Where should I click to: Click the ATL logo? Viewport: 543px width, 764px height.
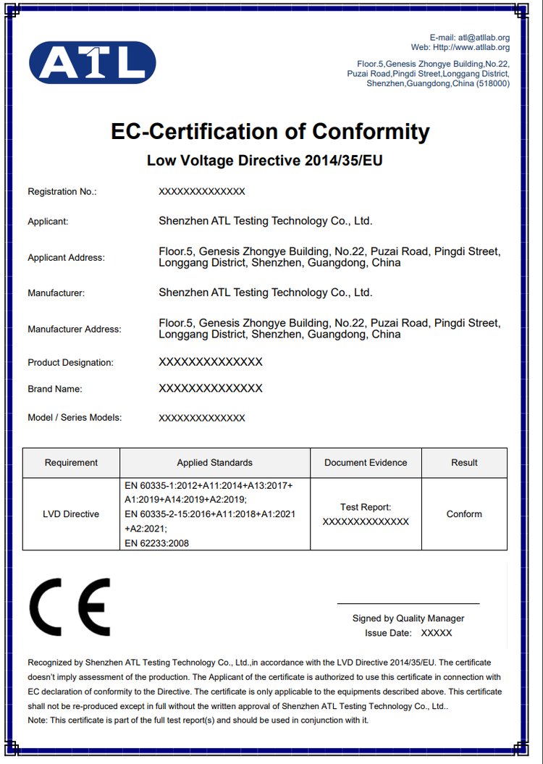coord(92,62)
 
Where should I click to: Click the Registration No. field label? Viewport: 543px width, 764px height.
coord(62,192)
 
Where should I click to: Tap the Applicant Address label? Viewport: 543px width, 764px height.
coord(66,258)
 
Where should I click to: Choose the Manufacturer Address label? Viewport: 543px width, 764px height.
coord(75,329)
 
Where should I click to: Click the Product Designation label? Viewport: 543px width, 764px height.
coord(70,363)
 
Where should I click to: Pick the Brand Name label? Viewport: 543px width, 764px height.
coord(55,390)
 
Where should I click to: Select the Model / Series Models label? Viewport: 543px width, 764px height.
coord(75,418)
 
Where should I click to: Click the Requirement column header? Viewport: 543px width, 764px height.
coord(71,463)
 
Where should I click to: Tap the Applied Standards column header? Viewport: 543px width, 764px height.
coord(215,463)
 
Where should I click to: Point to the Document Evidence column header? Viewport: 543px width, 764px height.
coord(366,463)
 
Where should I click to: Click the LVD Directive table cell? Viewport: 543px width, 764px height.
coord(71,514)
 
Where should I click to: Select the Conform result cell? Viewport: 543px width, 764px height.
coord(464,514)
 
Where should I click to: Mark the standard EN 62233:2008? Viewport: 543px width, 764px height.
coord(156,543)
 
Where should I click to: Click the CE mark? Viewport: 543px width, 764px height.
coord(70,607)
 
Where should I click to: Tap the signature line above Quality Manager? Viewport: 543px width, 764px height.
coord(408,603)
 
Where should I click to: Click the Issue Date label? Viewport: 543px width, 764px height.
coord(387,633)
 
